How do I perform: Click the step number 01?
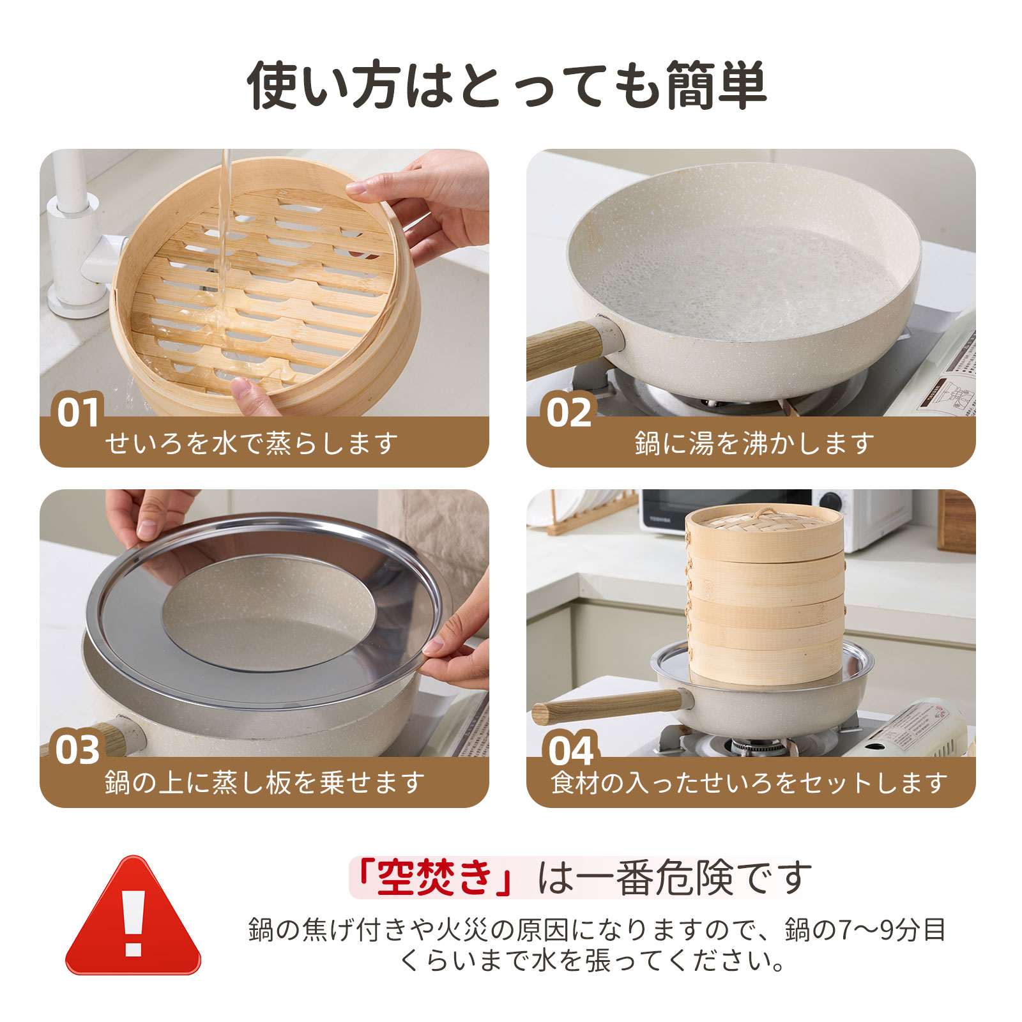79,412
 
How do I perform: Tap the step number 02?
569,412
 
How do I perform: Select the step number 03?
78,750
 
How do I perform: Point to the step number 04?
570,751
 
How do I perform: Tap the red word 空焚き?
434,878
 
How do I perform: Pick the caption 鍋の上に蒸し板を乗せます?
264,782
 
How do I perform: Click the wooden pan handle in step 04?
607,706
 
